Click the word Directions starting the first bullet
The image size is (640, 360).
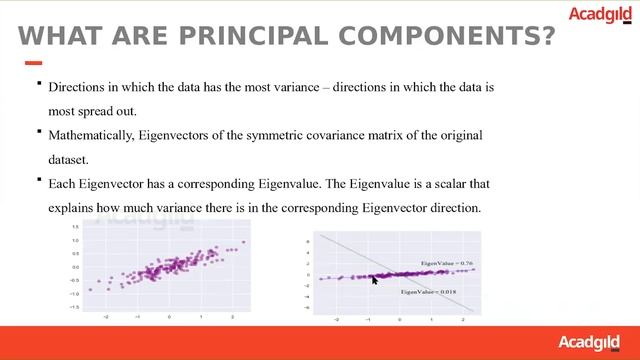click(77, 88)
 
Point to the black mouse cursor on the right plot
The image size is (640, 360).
click(375, 281)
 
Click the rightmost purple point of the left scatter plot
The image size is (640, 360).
click(242, 242)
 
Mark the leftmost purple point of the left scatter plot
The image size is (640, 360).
click(90, 290)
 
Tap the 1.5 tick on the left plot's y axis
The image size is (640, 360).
click(75, 228)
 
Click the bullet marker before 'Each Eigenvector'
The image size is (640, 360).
click(38, 180)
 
